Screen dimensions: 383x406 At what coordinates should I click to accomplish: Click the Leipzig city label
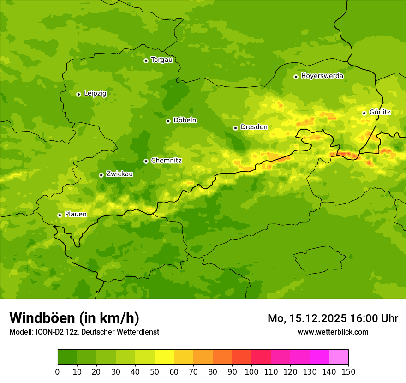tap(95, 94)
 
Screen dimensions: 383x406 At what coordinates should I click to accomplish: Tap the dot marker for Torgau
tap(146, 60)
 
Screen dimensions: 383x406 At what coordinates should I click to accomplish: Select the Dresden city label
tap(254, 127)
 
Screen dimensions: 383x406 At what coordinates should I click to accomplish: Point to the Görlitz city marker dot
tap(364, 113)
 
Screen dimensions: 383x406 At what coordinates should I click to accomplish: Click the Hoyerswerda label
tap(322, 76)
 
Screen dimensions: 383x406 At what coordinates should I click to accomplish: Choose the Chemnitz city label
tap(166, 161)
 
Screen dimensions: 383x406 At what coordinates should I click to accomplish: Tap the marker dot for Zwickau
tap(101, 175)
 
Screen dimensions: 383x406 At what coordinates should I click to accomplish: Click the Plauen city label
tap(76, 215)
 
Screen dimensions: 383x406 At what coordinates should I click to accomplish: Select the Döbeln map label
tap(185, 120)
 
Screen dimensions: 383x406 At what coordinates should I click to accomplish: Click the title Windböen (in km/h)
tap(74, 318)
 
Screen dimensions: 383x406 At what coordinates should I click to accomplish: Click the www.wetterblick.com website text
tap(333, 332)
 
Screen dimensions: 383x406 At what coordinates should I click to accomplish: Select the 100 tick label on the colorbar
tap(251, 371)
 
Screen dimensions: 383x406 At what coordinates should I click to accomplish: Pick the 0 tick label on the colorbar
tap(58, 371)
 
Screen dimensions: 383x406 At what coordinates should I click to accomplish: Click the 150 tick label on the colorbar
tap(348, 371)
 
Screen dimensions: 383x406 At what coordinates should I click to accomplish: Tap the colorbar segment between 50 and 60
tap(164, 357)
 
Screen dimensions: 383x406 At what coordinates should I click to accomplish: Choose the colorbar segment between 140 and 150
tap(339, 357)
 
